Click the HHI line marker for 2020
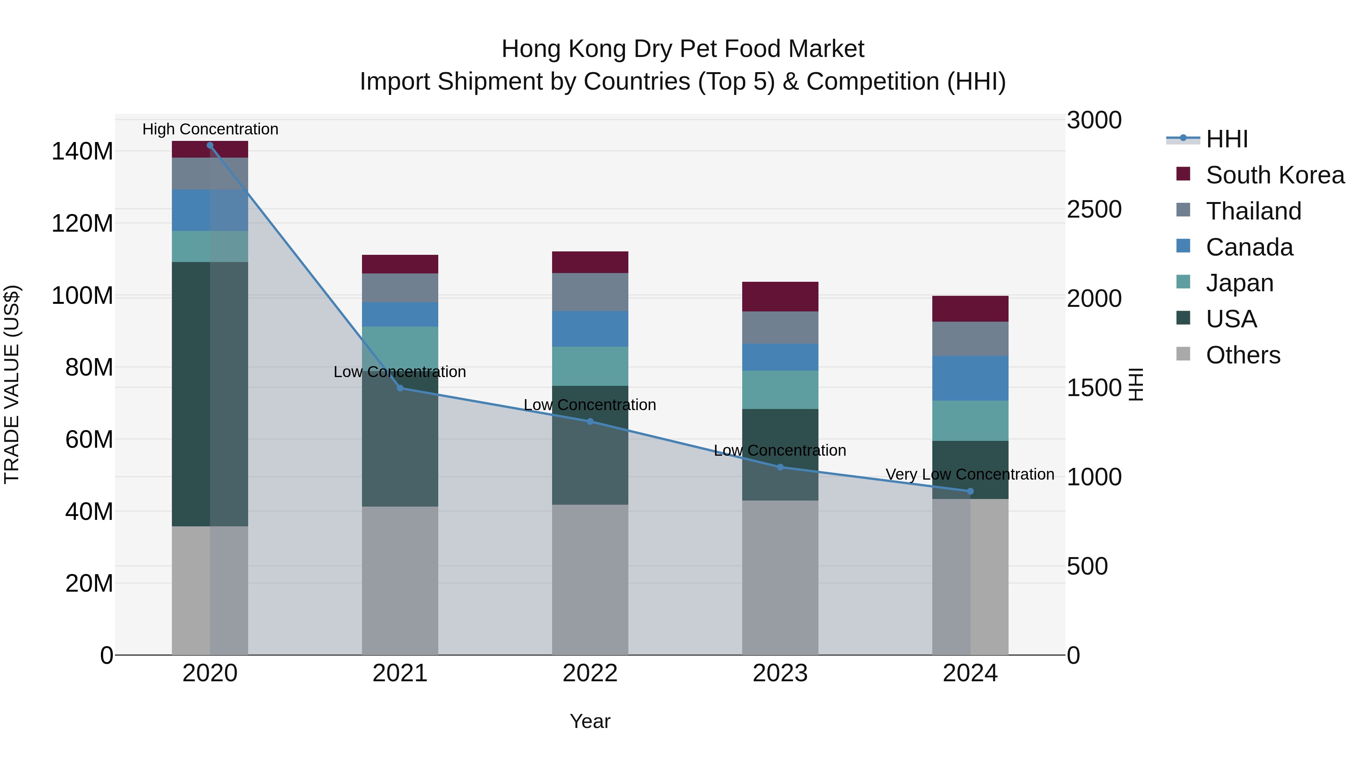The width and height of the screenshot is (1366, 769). tap(210, 145)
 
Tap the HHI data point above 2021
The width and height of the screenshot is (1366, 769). tap(400, 388)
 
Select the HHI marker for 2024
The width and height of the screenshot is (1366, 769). tap(970, 491)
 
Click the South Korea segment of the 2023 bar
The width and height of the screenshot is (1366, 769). tap(780, 297)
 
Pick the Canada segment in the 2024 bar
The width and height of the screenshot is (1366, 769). tap(970, 378)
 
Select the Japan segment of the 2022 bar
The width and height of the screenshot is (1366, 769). tap(590, 366)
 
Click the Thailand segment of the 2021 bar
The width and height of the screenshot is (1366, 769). tap(400, 288)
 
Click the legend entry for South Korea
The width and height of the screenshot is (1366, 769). tap(1275, 175)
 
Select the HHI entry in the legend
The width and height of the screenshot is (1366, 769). tap(1226, 139)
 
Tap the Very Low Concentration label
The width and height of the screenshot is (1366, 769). tap(970, 474)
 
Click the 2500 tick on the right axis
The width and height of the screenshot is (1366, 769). tap(1094, 209)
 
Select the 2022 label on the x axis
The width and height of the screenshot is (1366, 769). tap(590, 673)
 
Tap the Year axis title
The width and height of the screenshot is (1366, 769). tap(590, 722)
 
